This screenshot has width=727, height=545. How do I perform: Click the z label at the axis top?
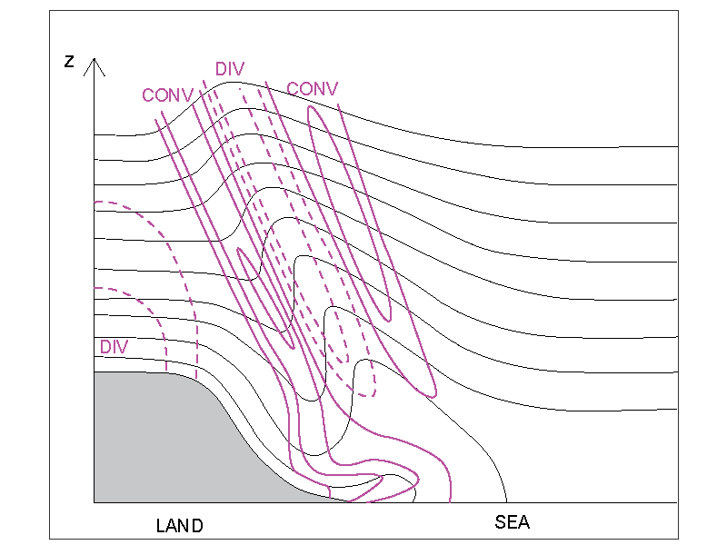[69, 62]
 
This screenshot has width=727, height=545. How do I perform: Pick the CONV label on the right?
[312, 88]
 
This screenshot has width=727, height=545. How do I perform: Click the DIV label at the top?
[230, 69]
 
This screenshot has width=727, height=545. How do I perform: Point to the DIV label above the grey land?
[115, 347]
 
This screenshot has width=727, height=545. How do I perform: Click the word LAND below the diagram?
[179, 526]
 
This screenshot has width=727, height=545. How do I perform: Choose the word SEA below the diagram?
[512, 523]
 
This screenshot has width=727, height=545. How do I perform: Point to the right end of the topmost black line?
[678, 146]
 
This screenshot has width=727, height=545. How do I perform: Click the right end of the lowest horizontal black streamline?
[678, 409]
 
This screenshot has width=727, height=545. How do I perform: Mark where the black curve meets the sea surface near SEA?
[505, 501]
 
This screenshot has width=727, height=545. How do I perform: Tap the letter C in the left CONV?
[148, 94]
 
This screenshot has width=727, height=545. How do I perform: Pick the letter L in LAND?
[161, 526]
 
